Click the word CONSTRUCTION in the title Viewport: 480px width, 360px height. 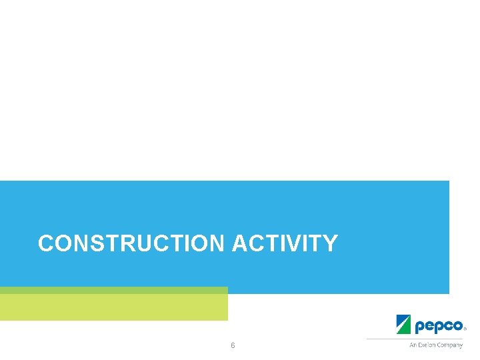point(132,243)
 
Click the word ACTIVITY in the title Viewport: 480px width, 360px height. point(285,243)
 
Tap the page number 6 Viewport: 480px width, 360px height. point(233,345)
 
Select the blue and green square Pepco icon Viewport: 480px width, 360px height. point(404,324)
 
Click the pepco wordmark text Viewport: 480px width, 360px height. point(439,326)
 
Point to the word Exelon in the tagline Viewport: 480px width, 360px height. point(426,345)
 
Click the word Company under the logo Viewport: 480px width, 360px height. point(450,345)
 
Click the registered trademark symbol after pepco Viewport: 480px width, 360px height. point(465,329)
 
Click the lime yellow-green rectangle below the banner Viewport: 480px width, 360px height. point(113,307)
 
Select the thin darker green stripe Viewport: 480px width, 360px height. point(113,290)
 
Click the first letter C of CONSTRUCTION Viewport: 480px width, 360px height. point(45,243)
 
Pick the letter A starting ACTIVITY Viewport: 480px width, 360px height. point(239,243)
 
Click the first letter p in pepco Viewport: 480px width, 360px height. point(419,327)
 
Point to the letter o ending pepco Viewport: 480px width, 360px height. point(458,326)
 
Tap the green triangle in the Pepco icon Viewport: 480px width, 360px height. point(407,328)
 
